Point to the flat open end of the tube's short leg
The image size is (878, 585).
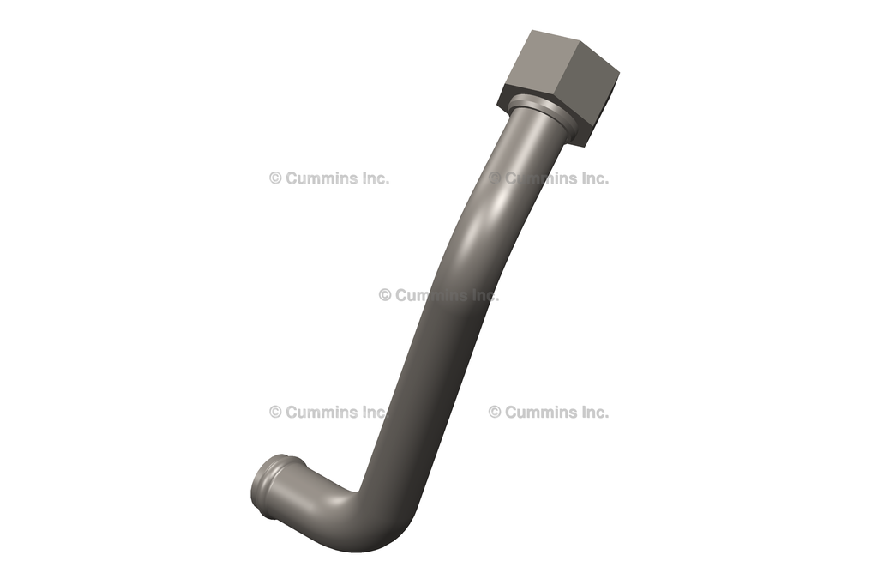coord(262,489)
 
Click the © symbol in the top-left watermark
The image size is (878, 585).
coord(275,178)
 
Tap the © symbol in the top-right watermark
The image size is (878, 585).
coord(495,178)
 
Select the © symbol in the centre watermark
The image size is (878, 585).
coord(385,295)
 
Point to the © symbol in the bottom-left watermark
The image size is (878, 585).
coord(275,412)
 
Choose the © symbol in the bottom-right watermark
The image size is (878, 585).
coord(495,412)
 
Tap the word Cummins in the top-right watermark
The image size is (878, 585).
coord(543,178)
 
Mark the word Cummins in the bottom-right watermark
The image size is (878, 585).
coord(543,412)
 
